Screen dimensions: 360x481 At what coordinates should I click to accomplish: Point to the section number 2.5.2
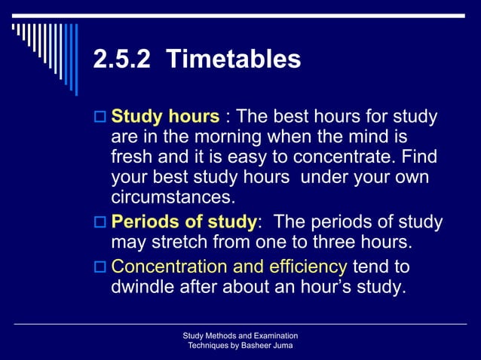tap(121, 59)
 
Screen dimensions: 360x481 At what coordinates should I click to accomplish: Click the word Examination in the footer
tap(273, 335)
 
